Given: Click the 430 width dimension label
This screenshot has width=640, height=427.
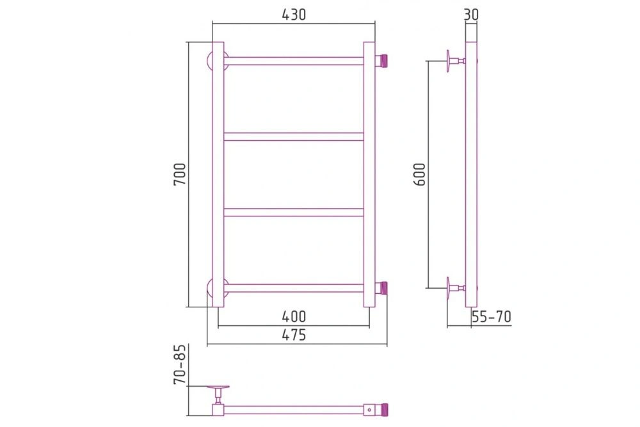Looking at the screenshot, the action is pos(294,15).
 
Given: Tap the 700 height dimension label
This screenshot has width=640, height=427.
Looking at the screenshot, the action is pos(180,174).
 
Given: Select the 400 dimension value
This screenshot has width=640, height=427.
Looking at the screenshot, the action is pos(294,316).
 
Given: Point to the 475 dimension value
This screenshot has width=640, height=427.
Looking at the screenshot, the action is pos(294,335).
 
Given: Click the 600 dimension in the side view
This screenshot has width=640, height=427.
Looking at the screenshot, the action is pos(420,174).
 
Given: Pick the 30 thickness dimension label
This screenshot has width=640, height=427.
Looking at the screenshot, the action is pos(471,15).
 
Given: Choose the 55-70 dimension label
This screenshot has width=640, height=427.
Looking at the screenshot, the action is pos(491,316).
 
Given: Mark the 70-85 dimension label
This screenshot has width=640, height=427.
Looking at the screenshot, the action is pos(180,364).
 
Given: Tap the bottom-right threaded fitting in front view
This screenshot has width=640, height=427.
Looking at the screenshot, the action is pos(381,288).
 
